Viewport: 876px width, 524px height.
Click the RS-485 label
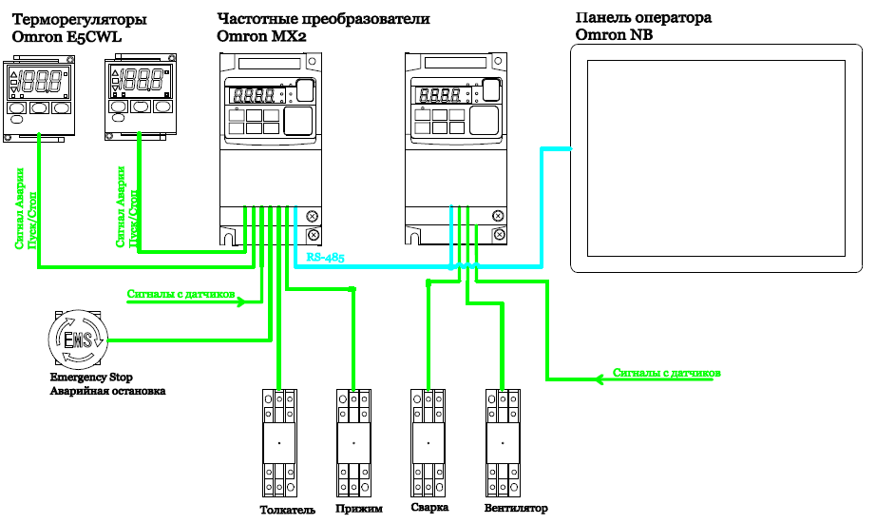[x=325, y=258]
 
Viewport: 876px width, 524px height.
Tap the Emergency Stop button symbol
[x=77, y=339]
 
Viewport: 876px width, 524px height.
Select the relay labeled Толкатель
[x=279, y=443]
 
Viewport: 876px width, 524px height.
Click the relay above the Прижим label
[x=353, y=443]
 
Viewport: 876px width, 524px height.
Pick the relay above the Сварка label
[x=428, y=443]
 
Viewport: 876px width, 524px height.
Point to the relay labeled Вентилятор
[x=503, y=443]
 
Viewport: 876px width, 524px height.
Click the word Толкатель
[x=287, y=510]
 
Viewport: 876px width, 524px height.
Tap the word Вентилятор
[x=516, y=509]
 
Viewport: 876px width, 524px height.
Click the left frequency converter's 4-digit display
[x=255, y=96]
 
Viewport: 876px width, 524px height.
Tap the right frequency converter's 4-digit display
[x=440, y=95]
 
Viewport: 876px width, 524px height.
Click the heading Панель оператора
[x=643, y=18]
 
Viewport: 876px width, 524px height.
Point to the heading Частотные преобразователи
[x=323, y=19]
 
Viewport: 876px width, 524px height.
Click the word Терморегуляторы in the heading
[x=79, y=20]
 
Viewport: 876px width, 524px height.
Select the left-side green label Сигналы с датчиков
[x=181, y=294]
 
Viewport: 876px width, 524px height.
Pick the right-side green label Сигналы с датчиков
[x=666, y=373]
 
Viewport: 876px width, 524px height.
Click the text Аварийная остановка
[x=107, y=391]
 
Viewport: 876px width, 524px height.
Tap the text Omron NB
[x=614, y=35]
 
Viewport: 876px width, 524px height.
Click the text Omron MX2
[x=261, y=36]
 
